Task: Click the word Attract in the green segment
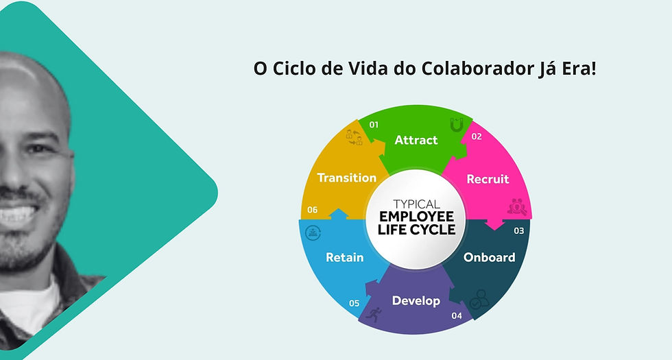(416, 140)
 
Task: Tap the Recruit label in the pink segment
(488, 179)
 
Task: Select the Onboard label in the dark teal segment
(490, 257)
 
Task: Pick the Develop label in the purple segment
(416, 301)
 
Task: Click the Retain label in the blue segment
(344, 257)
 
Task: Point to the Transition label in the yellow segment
(347, 178)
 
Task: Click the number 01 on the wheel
(374, 125)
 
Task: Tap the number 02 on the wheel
(477, 136)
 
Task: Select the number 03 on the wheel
(519, 230)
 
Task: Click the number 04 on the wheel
(457, 315)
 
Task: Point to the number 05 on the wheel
(354, 303)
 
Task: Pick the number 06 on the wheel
(313, 210)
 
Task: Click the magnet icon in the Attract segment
(457, 125)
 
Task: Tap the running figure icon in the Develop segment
(374, 315)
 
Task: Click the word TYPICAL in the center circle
(417, 204)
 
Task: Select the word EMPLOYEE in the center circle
(417, 216)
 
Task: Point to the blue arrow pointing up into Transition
(339, 214)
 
